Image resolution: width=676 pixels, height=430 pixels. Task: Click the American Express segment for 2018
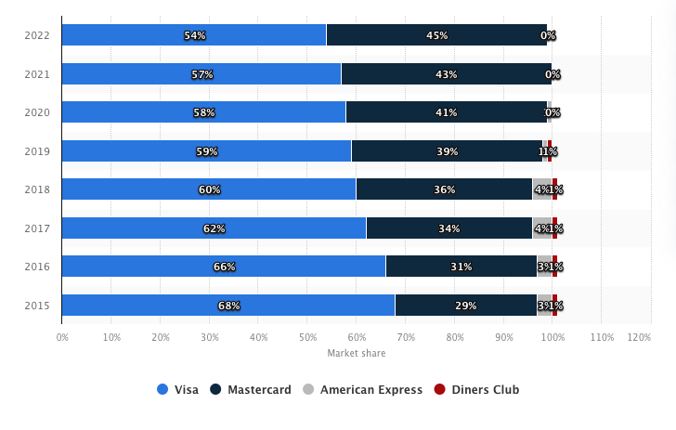click(x=541, y=189)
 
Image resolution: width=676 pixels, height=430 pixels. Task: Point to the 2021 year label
click(x=37, y=74)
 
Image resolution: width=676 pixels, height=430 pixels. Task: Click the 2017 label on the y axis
click(x=37, y=228)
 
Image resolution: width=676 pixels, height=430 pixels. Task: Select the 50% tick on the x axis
click(x=307, y=336)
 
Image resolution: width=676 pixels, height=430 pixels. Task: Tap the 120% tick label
click(x=639, y=336)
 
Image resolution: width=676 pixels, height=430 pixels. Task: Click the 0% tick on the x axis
click(x=62, y=336)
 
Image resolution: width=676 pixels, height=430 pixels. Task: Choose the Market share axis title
click(x=356, y=353)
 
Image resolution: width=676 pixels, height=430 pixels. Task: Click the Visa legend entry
click(x=178, y=390)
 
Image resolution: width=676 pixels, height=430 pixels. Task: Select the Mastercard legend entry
click(x=251, y=390)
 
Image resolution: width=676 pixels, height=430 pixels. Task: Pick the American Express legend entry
click(x=363, y=390)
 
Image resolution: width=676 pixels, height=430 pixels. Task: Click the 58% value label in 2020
click(x=203, y=112)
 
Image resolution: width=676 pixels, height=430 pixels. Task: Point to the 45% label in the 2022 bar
click(x=436, y=35)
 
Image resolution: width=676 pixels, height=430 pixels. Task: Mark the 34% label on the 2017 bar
click(x=448, y=228)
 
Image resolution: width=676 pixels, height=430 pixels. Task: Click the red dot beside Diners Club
click(x=442, y=390)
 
